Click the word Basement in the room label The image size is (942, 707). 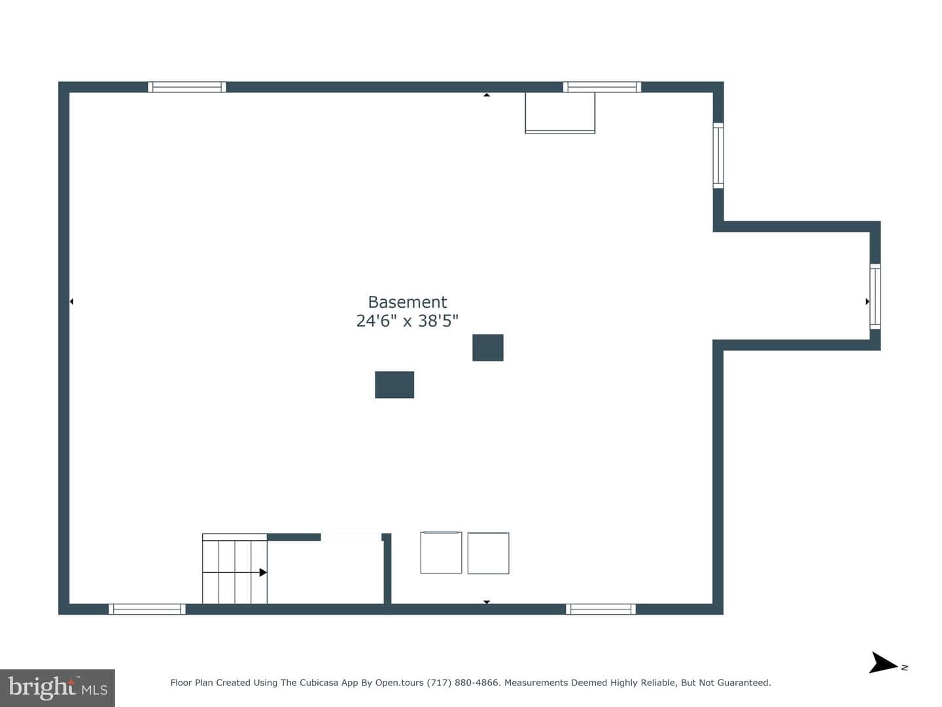[408, 302]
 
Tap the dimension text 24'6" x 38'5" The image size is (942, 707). [408, 321]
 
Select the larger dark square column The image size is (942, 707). [394, 385]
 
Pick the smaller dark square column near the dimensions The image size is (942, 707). [488, 348]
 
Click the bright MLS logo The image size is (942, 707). [58, 687]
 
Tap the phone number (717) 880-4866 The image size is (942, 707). [462, 683]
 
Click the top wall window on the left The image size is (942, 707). [187, 86]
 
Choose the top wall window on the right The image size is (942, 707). [602, 86]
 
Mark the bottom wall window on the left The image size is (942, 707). [147, 609]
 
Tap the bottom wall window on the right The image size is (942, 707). [601, 609]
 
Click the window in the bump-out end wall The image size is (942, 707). [875, 297]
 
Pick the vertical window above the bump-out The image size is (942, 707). [718, 155]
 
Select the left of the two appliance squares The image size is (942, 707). [441, 553]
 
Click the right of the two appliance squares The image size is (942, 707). [489, 553]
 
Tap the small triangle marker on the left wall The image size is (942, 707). [72, 302]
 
